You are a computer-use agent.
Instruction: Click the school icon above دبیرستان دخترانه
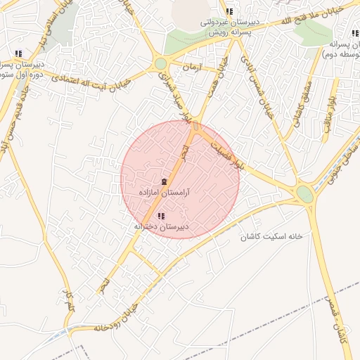[x=161, y=217]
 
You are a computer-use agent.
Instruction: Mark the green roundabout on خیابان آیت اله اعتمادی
[x=161, y=63]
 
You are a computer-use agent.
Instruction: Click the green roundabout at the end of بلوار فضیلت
[x=304, y=193]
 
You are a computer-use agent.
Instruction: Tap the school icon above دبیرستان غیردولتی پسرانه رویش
[x=229, y=11]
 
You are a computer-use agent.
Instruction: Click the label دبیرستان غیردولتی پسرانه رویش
[x=231, y=27]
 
